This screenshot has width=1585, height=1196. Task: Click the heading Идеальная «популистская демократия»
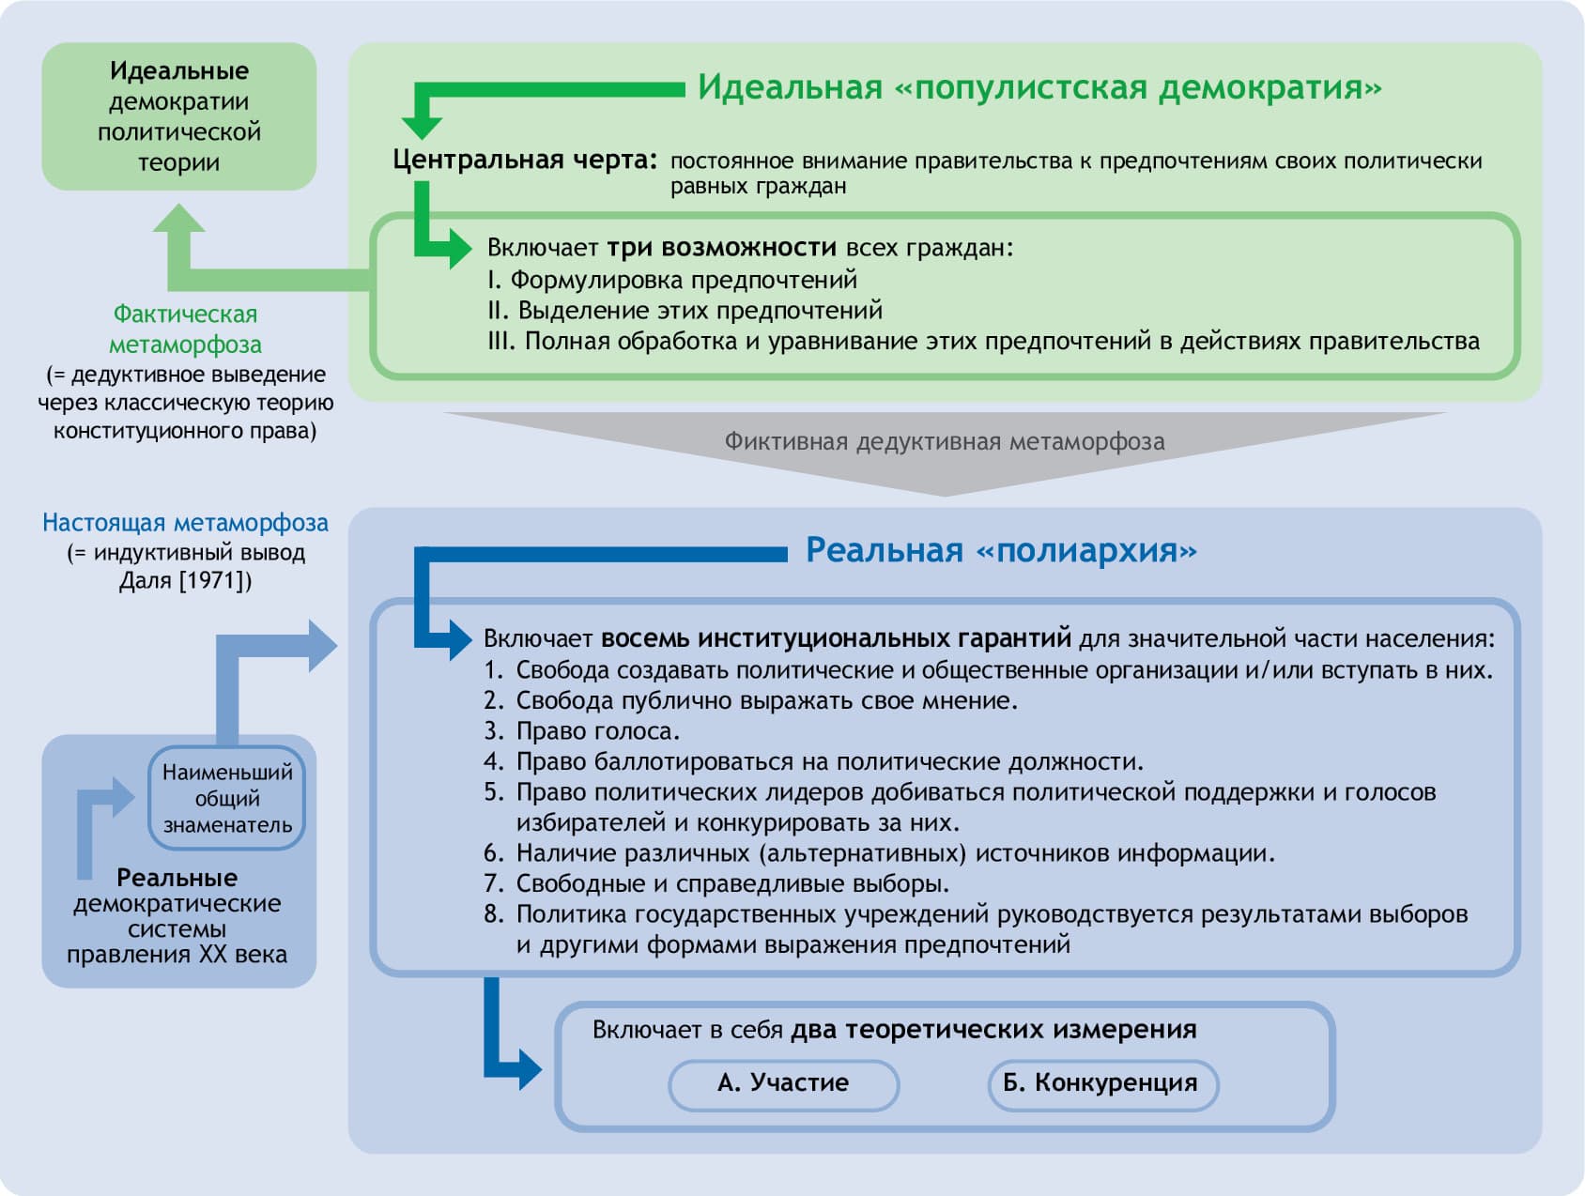(x=1039, y=87)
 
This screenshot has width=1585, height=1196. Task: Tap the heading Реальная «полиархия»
(x=1001, y=550)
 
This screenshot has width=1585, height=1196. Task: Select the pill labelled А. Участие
(x=783, y=1083)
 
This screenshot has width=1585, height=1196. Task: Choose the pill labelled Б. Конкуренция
(x=1100, y=1083)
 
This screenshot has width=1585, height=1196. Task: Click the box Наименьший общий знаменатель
(x=227, y=798)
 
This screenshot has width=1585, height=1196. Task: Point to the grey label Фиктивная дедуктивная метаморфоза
(x=944, y=441)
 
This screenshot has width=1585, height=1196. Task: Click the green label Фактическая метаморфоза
(x=185, y=329)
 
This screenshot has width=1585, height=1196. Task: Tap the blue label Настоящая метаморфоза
(x=185, y=523)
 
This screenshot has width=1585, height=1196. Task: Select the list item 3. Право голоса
(x=582, y=731)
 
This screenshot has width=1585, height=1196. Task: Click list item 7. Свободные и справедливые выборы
(x=716, y=883)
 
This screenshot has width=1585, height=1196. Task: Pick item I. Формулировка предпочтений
(x=672, y=280)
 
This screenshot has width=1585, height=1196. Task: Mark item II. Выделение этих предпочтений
(x=685, y=311)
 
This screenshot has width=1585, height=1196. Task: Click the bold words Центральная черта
(x=524, y=160)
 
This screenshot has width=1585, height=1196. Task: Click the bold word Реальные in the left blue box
(x=177, y=878)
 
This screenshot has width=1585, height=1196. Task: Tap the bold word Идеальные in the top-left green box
(x=179, y=70)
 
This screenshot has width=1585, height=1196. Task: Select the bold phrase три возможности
(x=721, y=248)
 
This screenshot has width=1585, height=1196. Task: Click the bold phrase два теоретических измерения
(x=993, y=1030)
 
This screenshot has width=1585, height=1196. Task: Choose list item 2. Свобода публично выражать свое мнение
(x=751, y=701)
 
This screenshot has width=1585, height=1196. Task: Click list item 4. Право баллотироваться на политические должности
(x=814, y=761)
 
